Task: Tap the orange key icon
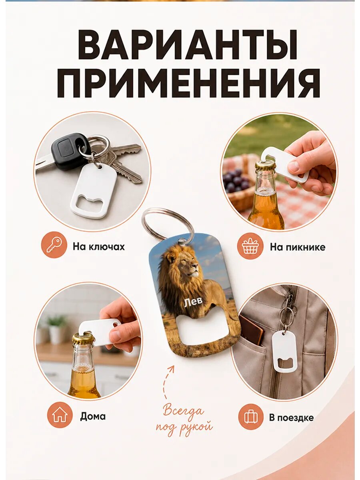click(54, 245)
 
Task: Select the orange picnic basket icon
click(250, 246)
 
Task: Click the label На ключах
click(98, 247)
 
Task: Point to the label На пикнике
click(298, 247)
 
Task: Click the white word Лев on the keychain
click(193, 302)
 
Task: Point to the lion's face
click(189, 266)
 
